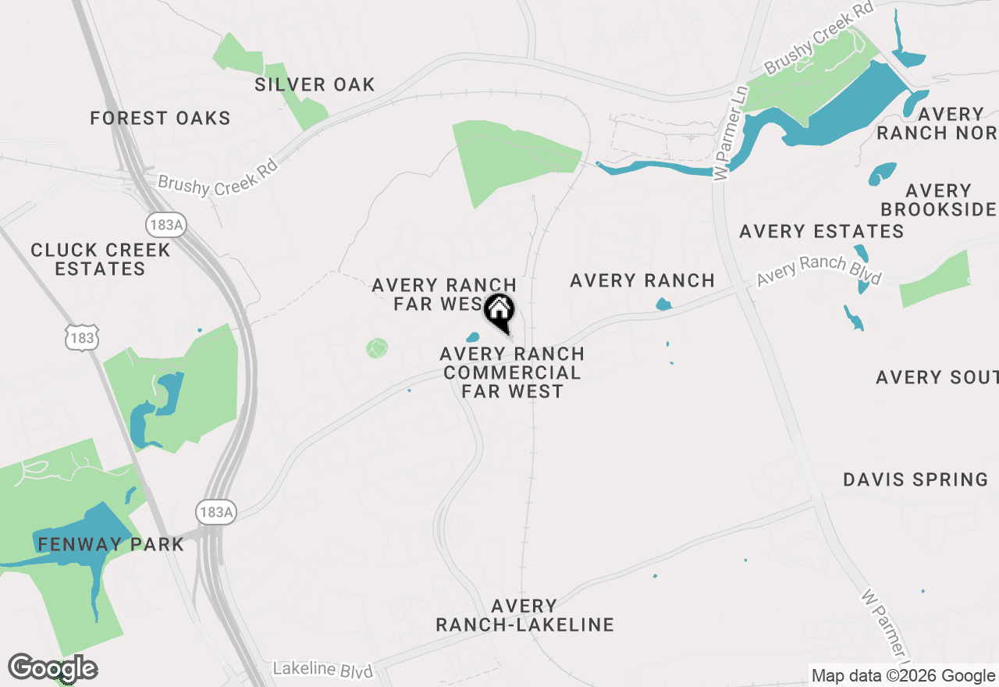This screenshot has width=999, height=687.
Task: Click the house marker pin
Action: [x=499, y=311]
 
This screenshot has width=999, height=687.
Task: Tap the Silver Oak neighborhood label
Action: [x=315, y=84]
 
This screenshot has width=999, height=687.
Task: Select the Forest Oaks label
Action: [x=160, y=119]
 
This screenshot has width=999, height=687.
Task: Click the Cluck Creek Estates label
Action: [x=100, y=259]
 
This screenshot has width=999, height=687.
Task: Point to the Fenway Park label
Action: [x=108, y=544]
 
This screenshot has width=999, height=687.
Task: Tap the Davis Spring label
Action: [x=915, y=479]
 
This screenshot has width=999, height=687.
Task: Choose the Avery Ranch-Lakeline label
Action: [x=524, y=615]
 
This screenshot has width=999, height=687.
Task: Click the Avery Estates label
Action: [x=821, y=231]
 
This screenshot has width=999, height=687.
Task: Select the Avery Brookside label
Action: [x=937, y=200]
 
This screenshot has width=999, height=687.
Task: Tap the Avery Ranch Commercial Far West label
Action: [x=512, y=372]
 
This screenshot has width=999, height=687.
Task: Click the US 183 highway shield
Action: [x=81, y=338]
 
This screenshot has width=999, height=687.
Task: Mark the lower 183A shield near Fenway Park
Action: [x=216, y=512]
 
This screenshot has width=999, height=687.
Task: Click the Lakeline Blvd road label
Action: [x=323, y=669]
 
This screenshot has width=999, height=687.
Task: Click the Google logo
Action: [x=53, y=668]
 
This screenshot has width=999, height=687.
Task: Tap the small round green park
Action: [x=377, y=347]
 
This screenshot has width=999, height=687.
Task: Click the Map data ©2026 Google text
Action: [x=902, y=676]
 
